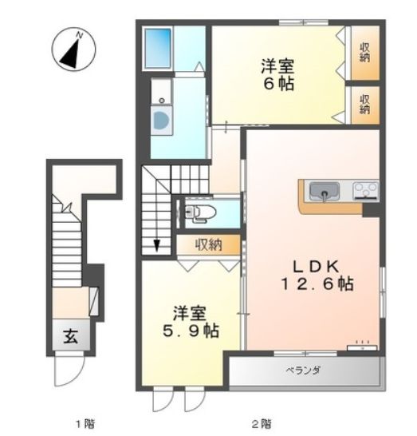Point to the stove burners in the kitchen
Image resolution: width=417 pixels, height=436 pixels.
click(366, 191)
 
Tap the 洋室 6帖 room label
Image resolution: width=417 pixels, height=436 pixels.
click(276, 74)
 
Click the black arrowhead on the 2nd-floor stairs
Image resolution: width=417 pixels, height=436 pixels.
click(156, 245)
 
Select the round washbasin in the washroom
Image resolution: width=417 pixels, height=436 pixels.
click(161, 121)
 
